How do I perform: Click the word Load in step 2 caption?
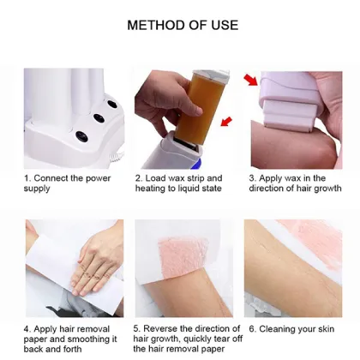tap(157, 178)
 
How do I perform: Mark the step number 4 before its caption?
tap(27, 328)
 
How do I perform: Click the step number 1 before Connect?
tap(27, 178)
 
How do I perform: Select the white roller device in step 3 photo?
tap(296, 99)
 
